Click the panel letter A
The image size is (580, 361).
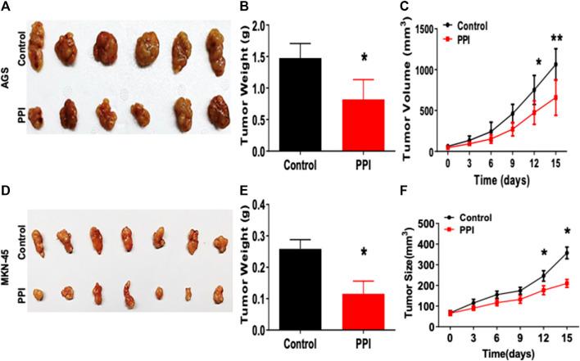click(x=7, y=7)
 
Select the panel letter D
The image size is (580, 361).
click(x=7, y=193)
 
